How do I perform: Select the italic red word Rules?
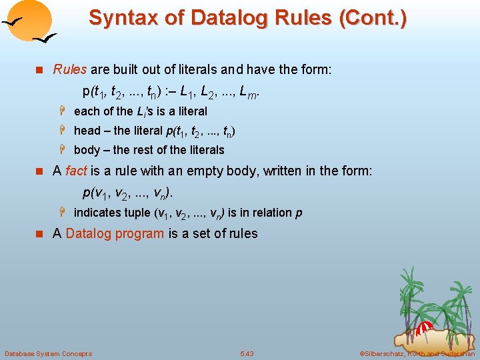tap(70, 69)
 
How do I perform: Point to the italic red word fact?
tap(76, 171)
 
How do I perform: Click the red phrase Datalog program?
tap(115, 233)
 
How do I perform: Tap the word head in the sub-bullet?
tap(87, 131)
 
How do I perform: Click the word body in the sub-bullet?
tap(87, 150)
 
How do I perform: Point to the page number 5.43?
tap(247, 353)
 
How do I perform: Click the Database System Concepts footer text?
tap(48, 353)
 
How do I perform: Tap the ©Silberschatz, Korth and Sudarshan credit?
tap(417, 353)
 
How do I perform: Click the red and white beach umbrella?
tap(425, 328)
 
